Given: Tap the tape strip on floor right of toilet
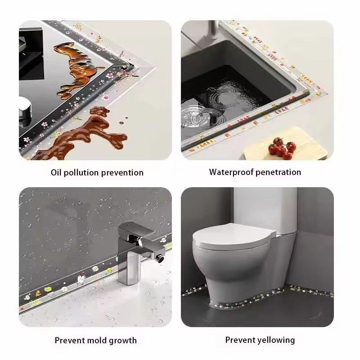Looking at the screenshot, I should click(x=310, y=292).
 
